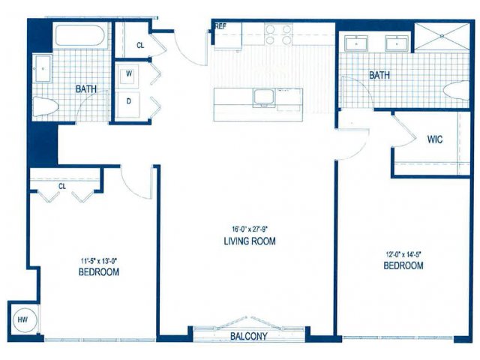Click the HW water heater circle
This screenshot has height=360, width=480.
coord(25,320)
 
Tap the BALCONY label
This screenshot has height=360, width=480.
coord(248,336)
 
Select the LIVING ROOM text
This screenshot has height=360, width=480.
coord(250,241)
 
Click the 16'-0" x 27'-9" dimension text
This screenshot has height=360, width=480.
coord(250,229)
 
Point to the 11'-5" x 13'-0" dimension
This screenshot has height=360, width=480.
coord(99,261)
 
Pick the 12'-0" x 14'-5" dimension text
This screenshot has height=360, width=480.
coord(403,253)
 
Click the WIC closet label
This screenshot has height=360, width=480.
coord(435,139)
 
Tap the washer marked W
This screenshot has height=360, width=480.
coord(129,73)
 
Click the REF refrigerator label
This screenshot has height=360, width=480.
coord(220,26)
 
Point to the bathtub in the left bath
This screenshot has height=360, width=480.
coord(80,35)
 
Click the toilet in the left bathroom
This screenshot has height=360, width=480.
coord(45,106)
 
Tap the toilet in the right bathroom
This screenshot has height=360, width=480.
coord(457,90)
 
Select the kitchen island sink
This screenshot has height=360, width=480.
coord(264,97)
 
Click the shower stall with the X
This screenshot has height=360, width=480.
coord(442,36)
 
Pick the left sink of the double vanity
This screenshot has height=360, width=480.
coord(356,43)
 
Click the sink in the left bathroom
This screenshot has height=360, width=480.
coord(43,69)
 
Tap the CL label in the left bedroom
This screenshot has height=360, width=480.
coord(62,186)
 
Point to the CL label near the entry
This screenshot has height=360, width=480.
coord(140,45)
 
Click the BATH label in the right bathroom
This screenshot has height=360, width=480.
coord(379,75)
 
